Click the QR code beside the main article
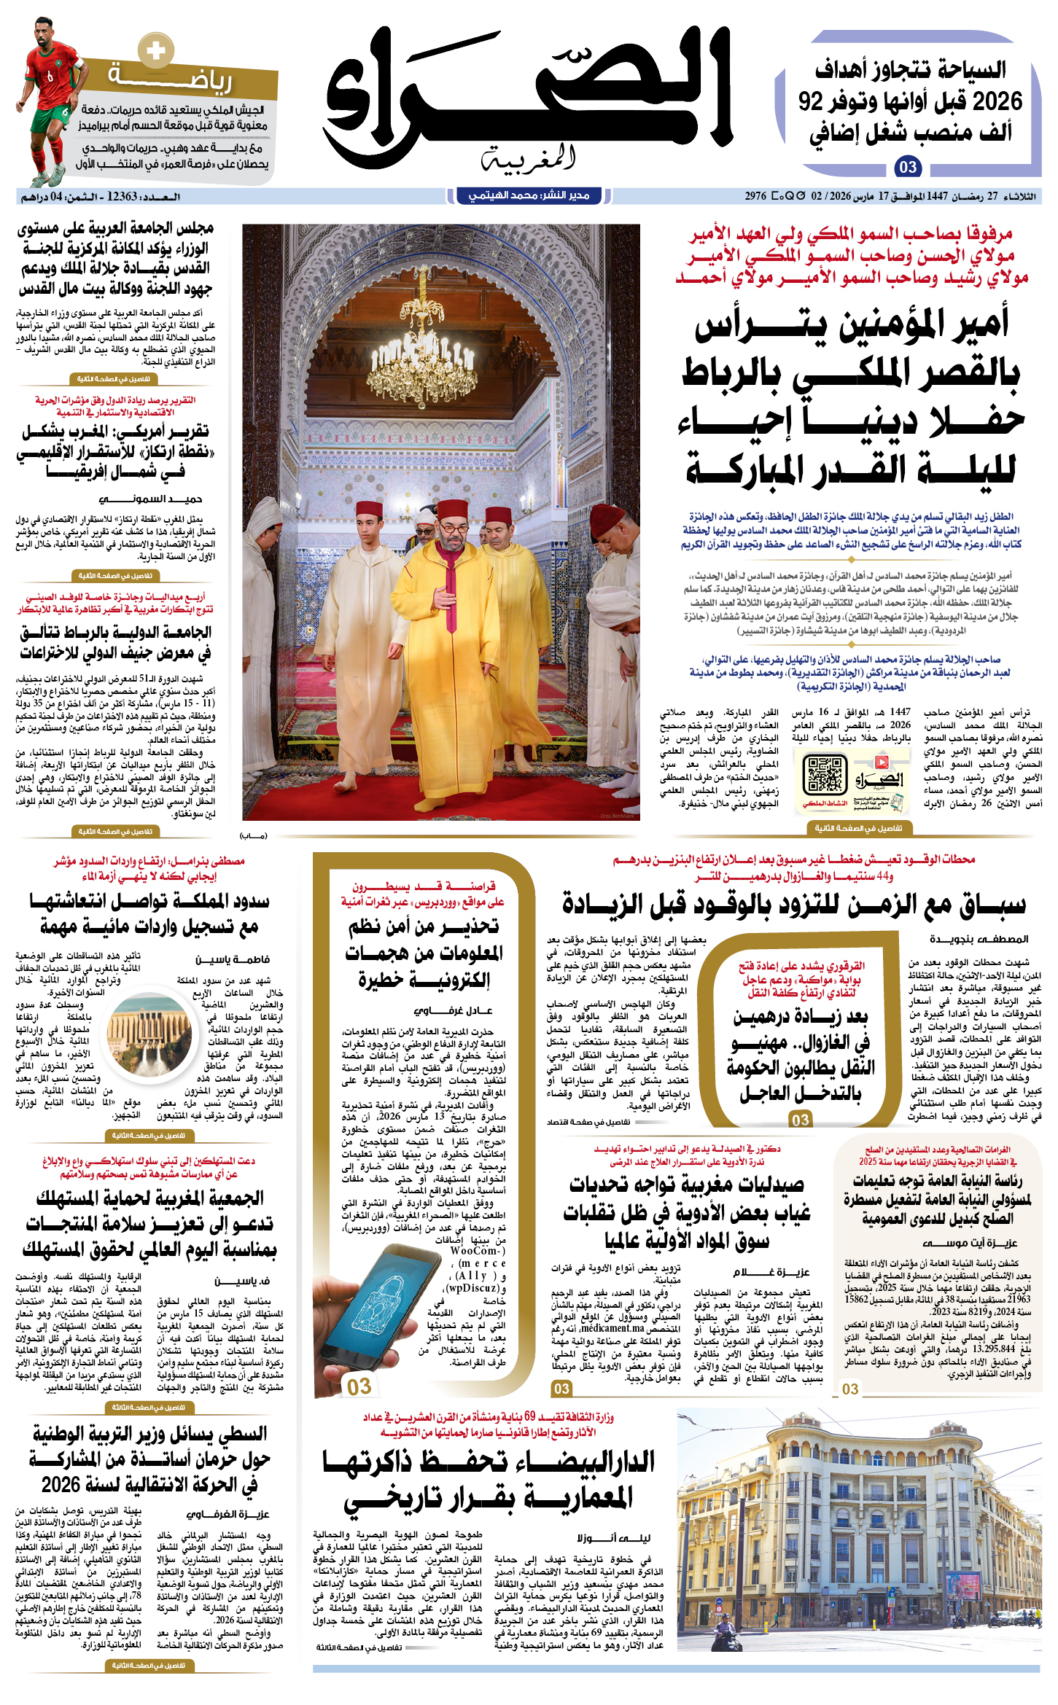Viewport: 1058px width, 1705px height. click(x=825, y=774)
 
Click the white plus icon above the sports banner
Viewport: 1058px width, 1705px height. click(x=155, y=51)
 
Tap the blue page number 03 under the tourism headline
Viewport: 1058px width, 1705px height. click(x=908, y=168)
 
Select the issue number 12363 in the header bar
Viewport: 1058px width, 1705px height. click(x=122, y=197)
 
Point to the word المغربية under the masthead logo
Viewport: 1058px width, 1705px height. click(x=529, y=158)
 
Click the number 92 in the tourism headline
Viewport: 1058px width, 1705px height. click(x=811, y=101)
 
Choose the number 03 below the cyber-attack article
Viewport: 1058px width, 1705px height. click(x=359, y=1386)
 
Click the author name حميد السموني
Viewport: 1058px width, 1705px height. click(x=150, y=499)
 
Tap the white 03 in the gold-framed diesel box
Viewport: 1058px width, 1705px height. click(x=801, y=1120)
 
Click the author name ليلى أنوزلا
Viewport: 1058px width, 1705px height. click(x=613, y=1538)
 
